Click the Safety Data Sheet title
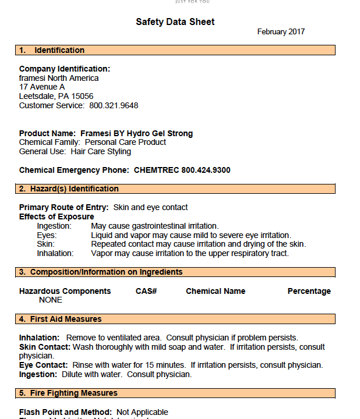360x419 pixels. coord(175,22)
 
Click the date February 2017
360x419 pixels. coord(281,32)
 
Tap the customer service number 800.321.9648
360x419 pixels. coord(114,105)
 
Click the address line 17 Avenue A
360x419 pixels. coord(42,87)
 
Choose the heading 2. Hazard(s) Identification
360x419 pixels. coord(69,189)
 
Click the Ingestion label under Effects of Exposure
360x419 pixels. coord(54,226)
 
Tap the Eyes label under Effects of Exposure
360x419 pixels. coord(47,235)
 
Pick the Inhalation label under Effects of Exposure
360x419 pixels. coord(55,253)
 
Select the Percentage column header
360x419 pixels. coord(309,291)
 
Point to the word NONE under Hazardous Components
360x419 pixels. coord(51,300)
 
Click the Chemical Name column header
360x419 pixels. coord(216,291)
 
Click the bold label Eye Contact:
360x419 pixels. coord(44,365)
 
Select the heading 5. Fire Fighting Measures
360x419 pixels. coord(68,393)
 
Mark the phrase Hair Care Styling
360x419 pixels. coord(101,152)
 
